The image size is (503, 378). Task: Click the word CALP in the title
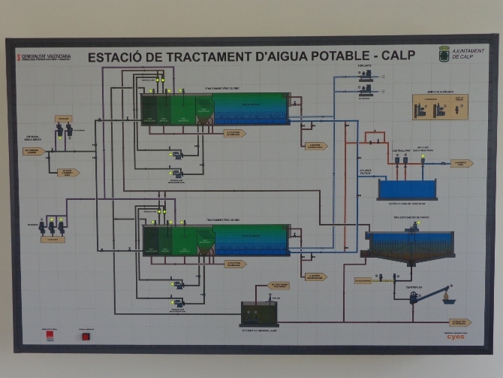tap(398, 56)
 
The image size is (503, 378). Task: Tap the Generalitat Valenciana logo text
tap(45, 56)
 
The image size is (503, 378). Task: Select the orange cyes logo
tap(456, 336)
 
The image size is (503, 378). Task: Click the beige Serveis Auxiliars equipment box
tap(440, 107)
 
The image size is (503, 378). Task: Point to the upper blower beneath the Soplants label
tap(366, 75)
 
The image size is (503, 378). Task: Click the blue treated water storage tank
tap(406, 189)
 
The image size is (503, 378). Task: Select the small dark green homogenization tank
tap(259, 312)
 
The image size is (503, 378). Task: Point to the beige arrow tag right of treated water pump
tap(462, 163)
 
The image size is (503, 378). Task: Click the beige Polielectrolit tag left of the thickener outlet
tap(363, 280)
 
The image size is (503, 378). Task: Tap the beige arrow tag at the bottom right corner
tap(460, 322)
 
